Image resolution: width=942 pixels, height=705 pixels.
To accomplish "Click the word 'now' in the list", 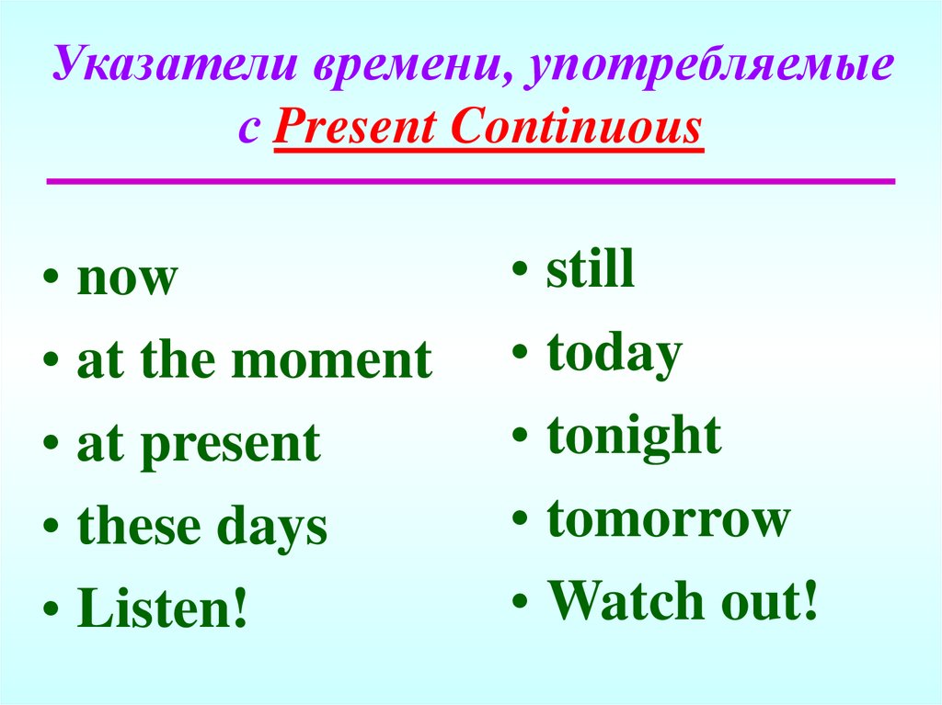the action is [x=127, y=279].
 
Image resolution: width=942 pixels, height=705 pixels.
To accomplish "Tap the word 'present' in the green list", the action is [x=231, y=446].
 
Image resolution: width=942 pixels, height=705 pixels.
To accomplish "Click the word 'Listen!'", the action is [x=162, y=608].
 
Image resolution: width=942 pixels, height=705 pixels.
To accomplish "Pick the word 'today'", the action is [x=615, y=354].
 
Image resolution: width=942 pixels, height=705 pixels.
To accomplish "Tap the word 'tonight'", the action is [x=635, y=438].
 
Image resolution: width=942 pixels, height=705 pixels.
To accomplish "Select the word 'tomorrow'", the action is [x=668, y=518].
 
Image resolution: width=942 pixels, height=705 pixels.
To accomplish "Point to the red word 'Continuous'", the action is [x=576, y=127].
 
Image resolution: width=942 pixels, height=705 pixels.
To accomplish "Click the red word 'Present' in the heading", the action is [x=354, y=127].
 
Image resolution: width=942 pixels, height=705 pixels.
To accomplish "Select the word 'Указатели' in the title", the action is [x=174, y=63].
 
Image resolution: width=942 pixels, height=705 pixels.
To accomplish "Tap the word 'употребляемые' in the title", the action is [x=709, y=66].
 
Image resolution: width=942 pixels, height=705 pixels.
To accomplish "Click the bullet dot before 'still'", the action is [x=521, y=267].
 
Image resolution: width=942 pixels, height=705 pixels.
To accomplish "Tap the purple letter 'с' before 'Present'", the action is [x=248, y=129].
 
